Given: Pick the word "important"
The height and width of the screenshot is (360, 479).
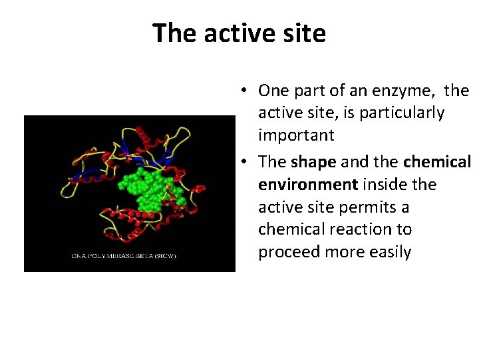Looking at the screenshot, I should (x=296, y=136).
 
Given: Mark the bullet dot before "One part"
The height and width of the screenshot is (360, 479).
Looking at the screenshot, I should (x=245, y=91).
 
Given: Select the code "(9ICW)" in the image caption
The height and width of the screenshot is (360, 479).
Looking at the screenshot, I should (x=165, y=256).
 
